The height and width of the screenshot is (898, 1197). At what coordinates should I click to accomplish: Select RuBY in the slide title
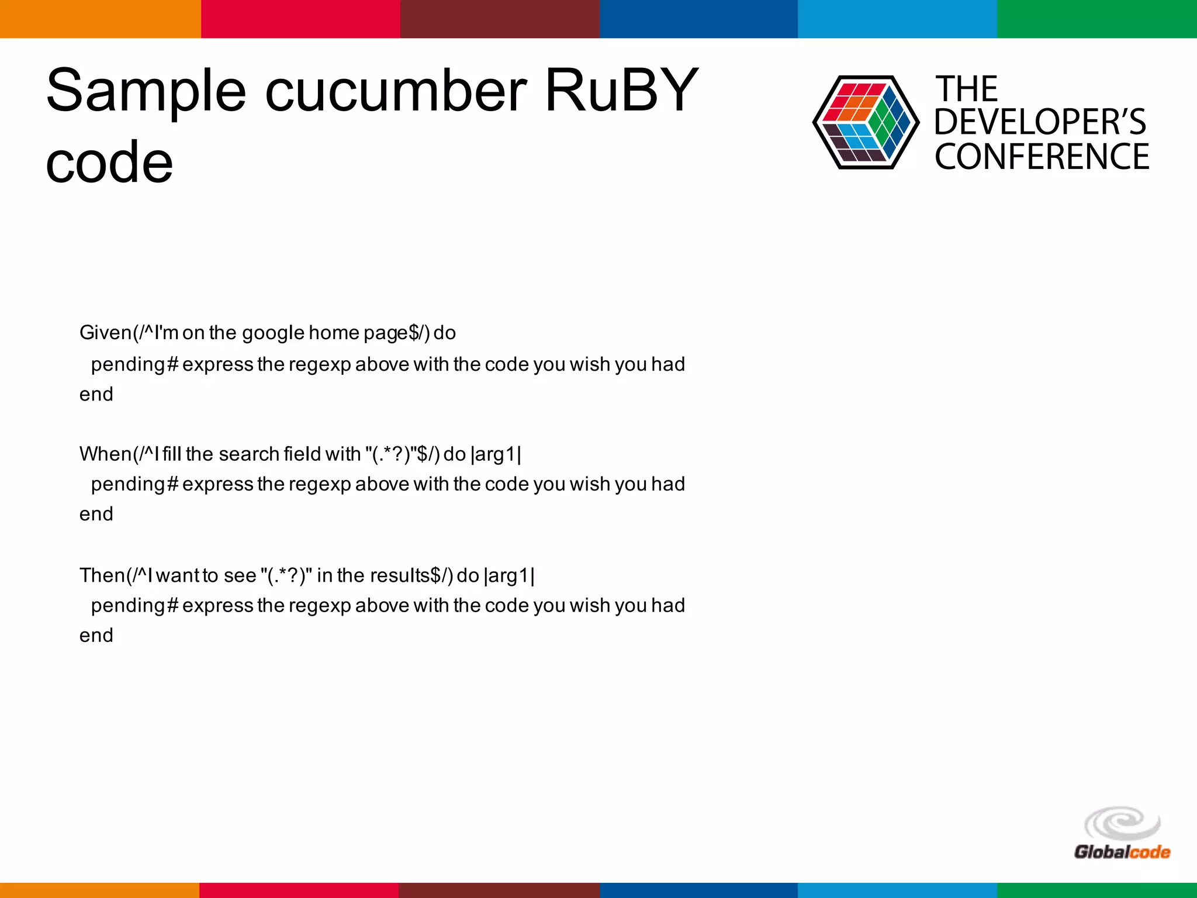[x=621, y=91]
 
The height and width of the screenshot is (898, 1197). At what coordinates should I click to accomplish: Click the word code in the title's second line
[x=109, y=162]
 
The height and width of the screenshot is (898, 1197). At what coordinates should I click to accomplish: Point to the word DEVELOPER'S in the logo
[x=1040, y=122]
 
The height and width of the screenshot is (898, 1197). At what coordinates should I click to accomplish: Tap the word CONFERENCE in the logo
[x=1042, y=157]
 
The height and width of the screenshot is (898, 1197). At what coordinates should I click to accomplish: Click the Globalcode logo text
[x=1122, y=852]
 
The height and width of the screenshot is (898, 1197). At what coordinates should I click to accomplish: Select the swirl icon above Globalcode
[x=1122, y=824]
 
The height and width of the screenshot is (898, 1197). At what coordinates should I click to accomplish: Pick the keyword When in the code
[x=105, y=454]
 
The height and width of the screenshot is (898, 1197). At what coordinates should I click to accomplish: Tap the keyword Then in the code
[x=102, y=575]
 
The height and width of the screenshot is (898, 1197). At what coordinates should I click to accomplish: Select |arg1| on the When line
[x=496, y=454]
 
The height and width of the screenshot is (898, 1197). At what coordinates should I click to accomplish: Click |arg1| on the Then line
[x=509, y=575]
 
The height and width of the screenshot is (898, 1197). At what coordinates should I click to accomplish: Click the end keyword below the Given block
[x=96, y=395]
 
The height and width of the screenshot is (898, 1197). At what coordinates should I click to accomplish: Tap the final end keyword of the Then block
[x=96, y=635]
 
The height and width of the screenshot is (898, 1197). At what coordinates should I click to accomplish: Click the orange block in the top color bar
[x=100, y=19]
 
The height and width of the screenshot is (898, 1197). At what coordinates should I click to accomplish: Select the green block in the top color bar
[x=1096, y=19]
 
